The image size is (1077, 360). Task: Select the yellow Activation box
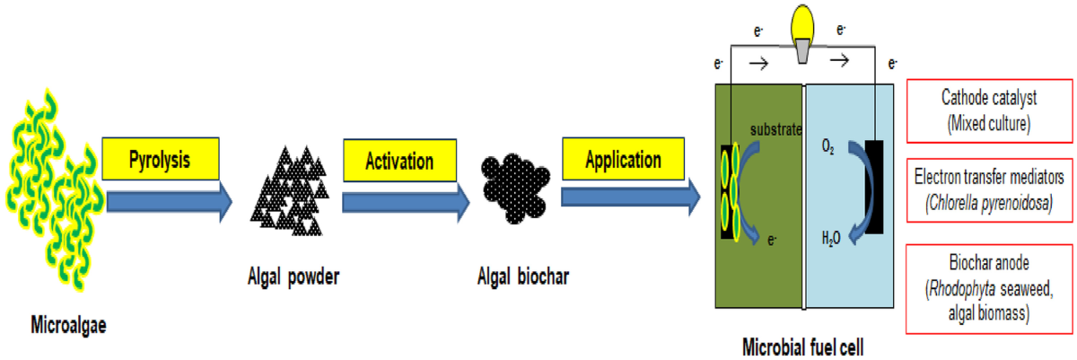pos(399,162)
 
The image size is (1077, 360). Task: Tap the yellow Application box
pos(623,162)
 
